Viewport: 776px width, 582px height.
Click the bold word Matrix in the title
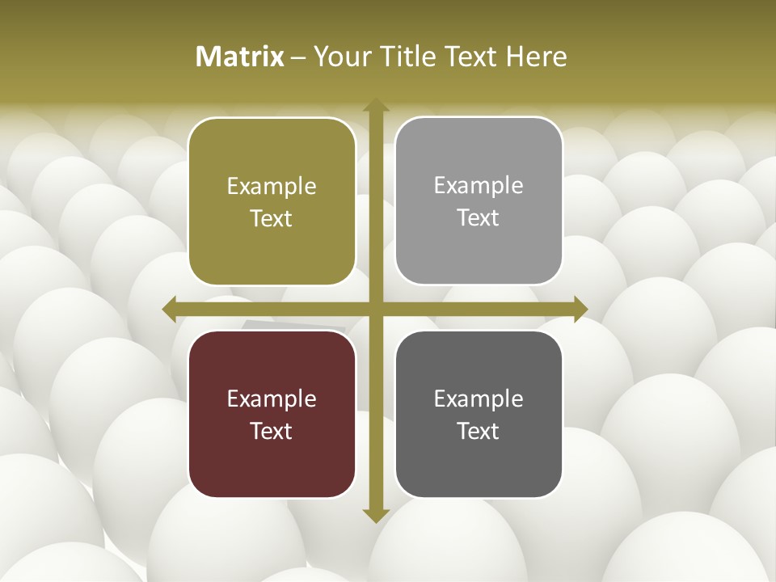click(x=240, y=57)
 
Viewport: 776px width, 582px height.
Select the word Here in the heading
click(x=537, y=57)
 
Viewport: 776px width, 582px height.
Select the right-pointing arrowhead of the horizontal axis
click(x=580, y=309)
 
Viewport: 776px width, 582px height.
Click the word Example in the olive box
click(x=272, y=187)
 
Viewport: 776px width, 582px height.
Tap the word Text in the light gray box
click(x=479, y=218)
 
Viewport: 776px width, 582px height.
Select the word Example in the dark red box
click(x=272, y=399)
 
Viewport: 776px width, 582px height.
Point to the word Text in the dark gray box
click(x=479, y=431)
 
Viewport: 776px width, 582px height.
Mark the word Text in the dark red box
click(x=272, y=431)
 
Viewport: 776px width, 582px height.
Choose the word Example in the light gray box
click(x=479, y=186)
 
